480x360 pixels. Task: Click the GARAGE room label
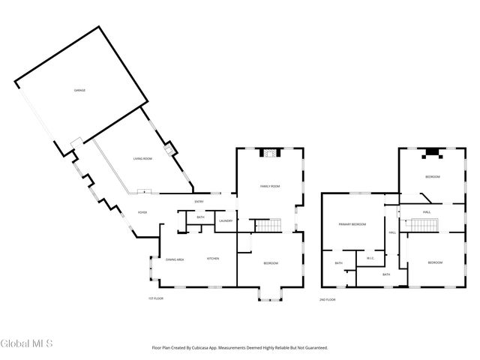coord(79,90)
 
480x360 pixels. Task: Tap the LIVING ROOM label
coord(142,159)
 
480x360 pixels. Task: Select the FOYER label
coord(142,212)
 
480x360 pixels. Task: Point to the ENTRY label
coord(199,202)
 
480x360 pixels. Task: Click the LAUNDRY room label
coord(225,220)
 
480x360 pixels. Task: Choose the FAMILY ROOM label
coord(270,186)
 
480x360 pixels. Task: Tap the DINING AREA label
coord(175,259)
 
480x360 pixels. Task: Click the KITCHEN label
coord(213,259)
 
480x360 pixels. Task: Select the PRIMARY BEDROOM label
coord(352,224)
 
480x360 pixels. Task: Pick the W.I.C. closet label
coord(370,259)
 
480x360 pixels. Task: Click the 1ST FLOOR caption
coord(155,298)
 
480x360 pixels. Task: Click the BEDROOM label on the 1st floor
coord(271,262)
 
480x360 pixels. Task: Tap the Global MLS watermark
coord(26,344)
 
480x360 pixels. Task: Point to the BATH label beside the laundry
coord(200,217)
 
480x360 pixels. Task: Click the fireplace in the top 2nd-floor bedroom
coord(432,154)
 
